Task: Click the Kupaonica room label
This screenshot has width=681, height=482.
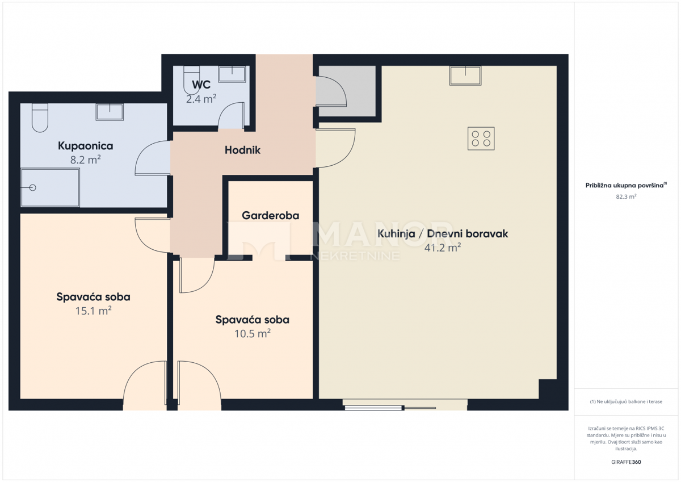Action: tap(85, 146)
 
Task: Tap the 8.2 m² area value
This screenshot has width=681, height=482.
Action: tap(85, 160)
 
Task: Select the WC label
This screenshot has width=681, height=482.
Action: tap(201, 85)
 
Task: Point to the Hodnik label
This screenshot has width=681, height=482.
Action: tap(242, 150)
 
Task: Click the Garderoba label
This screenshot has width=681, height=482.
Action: tap(270, 216)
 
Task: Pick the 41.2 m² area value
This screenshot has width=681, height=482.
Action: tap(443, 248)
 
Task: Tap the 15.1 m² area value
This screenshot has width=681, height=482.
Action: tap(93, 311)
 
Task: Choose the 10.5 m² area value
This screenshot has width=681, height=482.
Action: tap(252, 334)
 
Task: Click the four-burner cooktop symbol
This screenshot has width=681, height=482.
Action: tap(481, 139)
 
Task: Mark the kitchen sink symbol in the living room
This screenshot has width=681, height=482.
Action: tap(465, 76)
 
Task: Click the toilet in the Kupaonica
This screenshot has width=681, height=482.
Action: tap(40, 118)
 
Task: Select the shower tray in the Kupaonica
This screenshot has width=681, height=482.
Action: tap(50, 188)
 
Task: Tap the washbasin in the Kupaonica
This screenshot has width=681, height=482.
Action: tap(110, 111)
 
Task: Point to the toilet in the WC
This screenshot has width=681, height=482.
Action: tap(191, 81)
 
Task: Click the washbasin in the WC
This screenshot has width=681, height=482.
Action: tap(232, 74)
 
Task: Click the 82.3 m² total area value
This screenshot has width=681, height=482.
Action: tap(626, 197)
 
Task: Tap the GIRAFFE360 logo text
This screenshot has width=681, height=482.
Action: tap(626, 462)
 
